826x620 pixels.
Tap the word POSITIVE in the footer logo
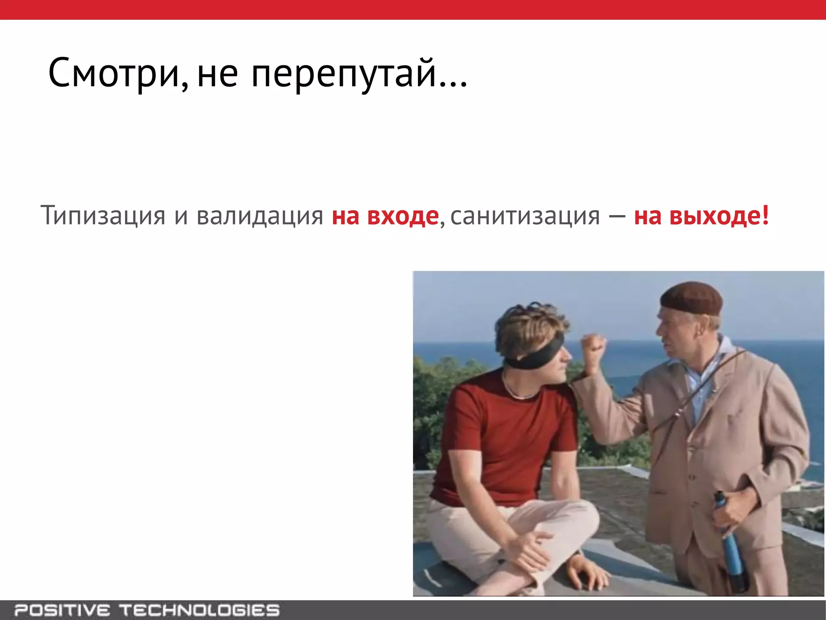[x=63, y=610]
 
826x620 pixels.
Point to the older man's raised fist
[x=593, y=347]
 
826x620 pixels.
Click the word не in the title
[x=217, y=75]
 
